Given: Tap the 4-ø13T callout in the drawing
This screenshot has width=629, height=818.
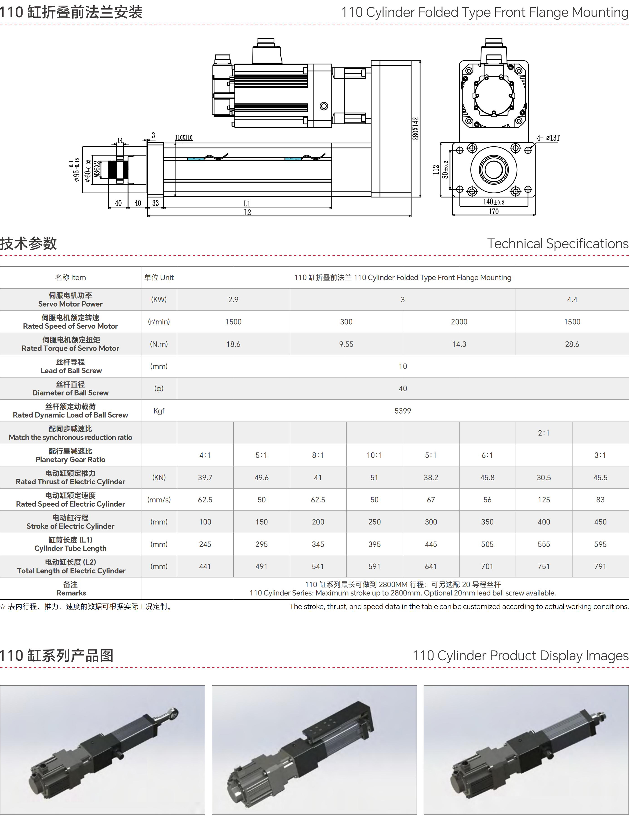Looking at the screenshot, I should tap(548, 138).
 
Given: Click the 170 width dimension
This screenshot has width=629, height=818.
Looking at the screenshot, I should tap(493, 212).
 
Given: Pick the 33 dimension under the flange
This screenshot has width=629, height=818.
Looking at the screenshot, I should tap(155, 203).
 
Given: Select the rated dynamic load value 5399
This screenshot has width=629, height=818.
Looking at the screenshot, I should tap(403, 411).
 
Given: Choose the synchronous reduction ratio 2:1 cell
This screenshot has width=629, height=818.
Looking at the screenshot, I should tap(544, 433).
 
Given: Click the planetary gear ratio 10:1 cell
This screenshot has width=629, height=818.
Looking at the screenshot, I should tap(374, 455).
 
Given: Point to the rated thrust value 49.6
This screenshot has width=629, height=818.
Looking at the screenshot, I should tap(261, 477).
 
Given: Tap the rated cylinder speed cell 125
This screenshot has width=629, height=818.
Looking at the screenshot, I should tap(544, 500).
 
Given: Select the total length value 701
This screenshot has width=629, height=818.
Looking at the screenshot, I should tap(487, 566).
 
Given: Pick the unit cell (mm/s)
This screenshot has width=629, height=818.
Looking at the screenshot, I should tap(159, 500).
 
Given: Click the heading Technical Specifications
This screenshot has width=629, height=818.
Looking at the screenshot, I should tap(557, 244).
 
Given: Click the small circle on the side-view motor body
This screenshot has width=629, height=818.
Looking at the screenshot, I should tap(324, 106).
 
